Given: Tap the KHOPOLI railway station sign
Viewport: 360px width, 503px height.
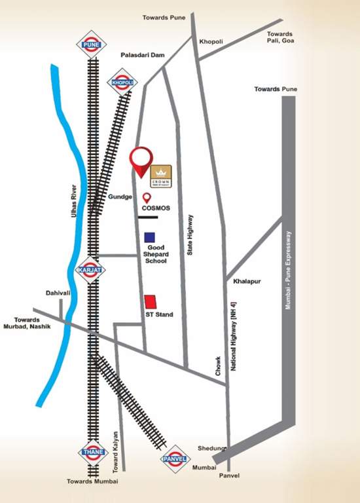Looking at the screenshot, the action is pos(122,83).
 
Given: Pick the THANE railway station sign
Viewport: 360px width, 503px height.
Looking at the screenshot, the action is pos(92,452).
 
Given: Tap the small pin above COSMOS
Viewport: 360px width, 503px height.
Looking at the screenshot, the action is pos(147,197).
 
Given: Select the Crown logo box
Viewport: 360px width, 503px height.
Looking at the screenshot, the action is pos(161,176).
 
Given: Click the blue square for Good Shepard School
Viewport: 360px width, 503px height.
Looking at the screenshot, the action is pos(150,236).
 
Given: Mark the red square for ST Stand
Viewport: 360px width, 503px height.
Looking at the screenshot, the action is pos(151,301).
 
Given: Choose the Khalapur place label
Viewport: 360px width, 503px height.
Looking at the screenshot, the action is pos(247,280).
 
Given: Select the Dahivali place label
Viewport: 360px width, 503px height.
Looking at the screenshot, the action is pos(58,293).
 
